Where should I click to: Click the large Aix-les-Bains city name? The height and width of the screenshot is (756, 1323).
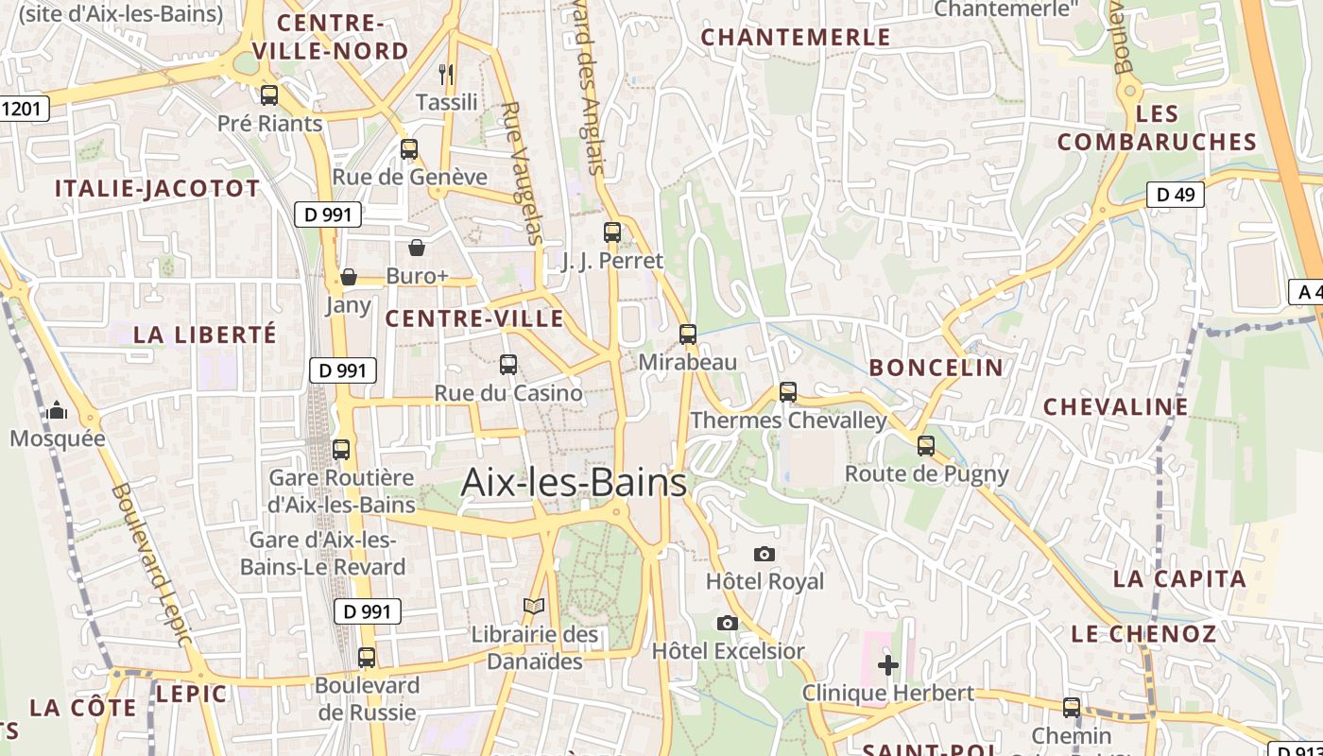574,483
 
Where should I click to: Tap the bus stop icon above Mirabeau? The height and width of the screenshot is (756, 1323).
688,334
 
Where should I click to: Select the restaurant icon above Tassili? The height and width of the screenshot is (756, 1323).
446,74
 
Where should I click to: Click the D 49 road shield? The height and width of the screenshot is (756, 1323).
1175,195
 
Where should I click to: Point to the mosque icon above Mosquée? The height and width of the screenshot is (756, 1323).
57,410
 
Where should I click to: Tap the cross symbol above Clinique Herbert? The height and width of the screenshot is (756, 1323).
888,665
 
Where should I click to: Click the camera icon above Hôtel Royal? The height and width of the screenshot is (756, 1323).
765,554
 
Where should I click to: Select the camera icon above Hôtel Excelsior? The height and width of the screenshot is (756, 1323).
727,623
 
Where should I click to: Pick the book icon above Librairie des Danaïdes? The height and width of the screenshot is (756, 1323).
534,606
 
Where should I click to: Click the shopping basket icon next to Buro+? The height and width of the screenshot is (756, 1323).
416,248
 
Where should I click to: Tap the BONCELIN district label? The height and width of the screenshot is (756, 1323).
936,368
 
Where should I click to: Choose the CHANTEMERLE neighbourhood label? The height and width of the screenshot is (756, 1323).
796,37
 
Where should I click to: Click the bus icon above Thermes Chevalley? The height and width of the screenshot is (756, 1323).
788,391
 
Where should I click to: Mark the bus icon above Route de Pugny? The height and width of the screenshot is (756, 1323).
926,445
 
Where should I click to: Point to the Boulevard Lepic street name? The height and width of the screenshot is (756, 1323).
151,565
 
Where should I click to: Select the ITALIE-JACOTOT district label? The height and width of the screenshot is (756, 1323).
157,188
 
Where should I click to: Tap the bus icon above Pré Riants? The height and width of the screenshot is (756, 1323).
269,94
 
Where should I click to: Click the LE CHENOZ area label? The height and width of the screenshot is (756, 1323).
1143,634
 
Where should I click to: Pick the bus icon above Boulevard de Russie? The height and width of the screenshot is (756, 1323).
367,657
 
